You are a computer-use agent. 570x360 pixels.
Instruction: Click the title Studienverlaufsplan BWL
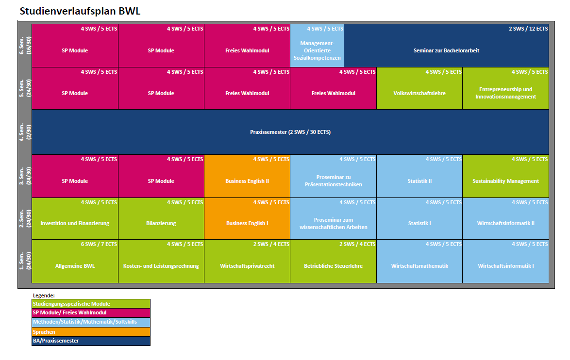[x=80, y=11]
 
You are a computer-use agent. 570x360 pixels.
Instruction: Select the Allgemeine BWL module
[x=75, y=266]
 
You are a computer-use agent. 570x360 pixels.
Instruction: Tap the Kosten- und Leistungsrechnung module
[x=161, y=266]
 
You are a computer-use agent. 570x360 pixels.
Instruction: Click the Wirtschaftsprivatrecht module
[x=247, y=266]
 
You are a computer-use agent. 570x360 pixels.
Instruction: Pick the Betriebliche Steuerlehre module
[x=333, y=266]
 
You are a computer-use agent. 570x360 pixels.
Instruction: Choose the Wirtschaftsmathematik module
[x=419, y=266]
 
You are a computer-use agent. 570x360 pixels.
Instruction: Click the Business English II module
[x=247, y=181]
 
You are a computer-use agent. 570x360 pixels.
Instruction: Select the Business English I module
[x=247, y=223]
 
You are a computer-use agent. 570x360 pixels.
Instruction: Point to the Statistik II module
[x=419, y=181]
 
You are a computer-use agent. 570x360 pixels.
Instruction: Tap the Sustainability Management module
[x=505, y=181]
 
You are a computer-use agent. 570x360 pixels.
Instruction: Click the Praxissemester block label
[x=290, y=132]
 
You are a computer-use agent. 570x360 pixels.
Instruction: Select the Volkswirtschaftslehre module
[x=419, y=93]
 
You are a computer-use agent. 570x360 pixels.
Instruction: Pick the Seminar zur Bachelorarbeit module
[x=446, y=50]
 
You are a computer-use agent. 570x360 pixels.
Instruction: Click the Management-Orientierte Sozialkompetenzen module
[x=317, y=50]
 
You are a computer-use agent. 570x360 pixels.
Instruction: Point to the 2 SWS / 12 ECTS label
[x=528, y=29]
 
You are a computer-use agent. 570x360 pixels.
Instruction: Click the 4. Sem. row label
[x=25, y=132]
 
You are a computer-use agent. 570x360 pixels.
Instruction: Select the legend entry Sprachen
[x=91, y=332]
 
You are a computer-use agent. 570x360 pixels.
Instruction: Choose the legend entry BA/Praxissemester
[x=91, y=341]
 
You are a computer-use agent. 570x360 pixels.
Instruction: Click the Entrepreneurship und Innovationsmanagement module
[x=505, y=93]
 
